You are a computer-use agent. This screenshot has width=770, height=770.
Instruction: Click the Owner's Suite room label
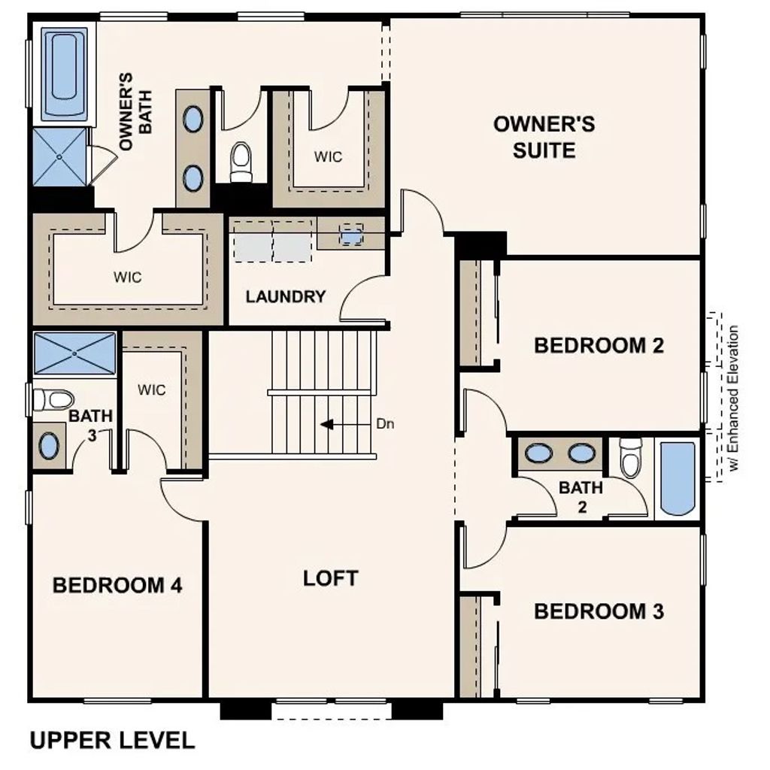544,136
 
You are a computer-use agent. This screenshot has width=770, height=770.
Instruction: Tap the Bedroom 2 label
599,346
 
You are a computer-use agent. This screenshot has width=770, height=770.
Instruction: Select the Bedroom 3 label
599,611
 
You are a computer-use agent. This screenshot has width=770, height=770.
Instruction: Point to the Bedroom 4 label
117,585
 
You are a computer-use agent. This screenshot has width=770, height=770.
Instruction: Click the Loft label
331,578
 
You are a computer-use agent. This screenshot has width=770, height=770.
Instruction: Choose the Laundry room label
286,296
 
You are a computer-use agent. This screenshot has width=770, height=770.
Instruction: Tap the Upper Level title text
112,740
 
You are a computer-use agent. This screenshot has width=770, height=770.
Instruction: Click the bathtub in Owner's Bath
65,74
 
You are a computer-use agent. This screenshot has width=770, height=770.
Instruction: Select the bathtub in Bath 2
678,477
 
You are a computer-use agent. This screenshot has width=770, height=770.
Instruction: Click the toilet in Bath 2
630,459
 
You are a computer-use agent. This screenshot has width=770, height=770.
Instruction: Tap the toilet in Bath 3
53,399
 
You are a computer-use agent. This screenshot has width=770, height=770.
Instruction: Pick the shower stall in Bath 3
74,353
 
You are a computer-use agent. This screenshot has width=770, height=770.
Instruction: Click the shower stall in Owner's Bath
59,158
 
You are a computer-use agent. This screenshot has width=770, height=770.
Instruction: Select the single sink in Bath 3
49,446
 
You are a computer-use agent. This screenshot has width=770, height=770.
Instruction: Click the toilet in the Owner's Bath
241,162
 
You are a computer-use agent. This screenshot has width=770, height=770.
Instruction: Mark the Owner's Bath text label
135,112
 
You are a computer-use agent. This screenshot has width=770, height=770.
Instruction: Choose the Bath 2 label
581,496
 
